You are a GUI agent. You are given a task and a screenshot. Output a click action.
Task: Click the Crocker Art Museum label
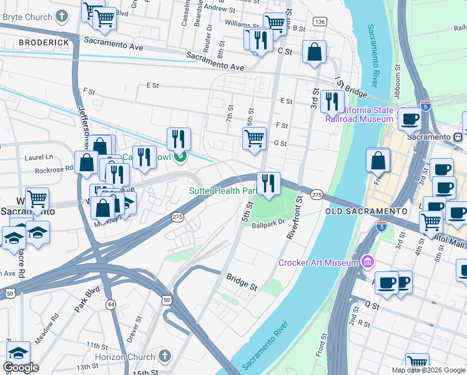[317, 263]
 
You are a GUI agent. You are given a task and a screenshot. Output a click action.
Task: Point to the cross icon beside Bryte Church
[62, 16]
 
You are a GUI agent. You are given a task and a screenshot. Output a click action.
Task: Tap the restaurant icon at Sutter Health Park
[268, 182]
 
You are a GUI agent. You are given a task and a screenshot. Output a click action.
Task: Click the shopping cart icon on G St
[254, 139]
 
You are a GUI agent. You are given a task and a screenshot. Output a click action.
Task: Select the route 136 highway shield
[320, 22]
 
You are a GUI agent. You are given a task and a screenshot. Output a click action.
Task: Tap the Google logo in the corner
[21, 367]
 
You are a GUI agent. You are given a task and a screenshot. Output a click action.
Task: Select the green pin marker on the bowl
[180, 157]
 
